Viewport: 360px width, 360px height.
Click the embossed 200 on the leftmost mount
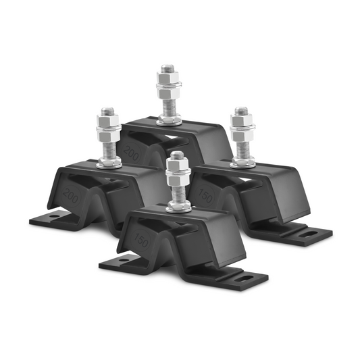(70, 195)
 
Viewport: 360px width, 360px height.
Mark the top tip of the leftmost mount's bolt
(107, 108)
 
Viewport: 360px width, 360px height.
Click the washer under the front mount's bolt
(178, 207)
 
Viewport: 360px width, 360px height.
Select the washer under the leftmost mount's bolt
(108, 163)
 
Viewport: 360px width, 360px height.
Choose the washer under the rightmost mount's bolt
(242, 162)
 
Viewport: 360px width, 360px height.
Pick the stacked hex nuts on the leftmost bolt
(107, 125)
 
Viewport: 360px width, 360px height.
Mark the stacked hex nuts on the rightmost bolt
(241, 124)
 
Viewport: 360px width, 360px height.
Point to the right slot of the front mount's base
(246, 275)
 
